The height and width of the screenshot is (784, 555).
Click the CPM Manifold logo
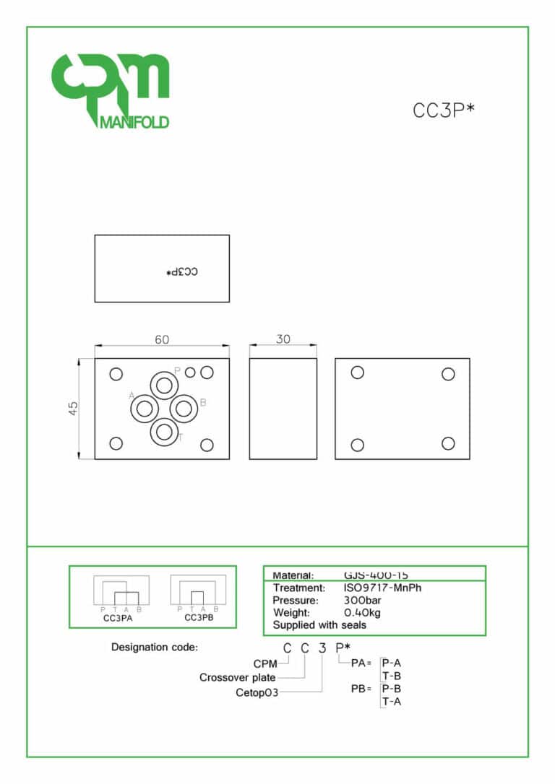coord(110,90)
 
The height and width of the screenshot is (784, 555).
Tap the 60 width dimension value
coord(162,339)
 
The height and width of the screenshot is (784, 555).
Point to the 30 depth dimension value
coord(283,339)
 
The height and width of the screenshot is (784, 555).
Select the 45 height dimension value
coord(74,409)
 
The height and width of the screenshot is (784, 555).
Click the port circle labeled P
coord(165,383)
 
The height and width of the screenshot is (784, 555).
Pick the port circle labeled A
coord(145,409)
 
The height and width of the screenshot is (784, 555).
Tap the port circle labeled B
coord(184,409)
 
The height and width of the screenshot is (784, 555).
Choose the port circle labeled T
coord(165,432)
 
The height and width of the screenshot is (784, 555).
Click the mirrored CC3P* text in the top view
coord(181,272)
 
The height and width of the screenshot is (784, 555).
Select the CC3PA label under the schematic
coord(118,618)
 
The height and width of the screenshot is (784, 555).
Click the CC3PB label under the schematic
coord(199,618)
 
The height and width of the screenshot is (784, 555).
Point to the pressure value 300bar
coord(363,600)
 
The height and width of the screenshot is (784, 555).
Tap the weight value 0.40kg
coord(362,613)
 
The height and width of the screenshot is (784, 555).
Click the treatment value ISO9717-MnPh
coord(383,588)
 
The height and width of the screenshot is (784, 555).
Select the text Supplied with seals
coord(319,625)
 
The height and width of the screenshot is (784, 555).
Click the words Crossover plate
coord(238,678)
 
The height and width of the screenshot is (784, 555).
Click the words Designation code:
coord(154,648)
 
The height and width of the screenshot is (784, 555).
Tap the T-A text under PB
coord(391,702)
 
